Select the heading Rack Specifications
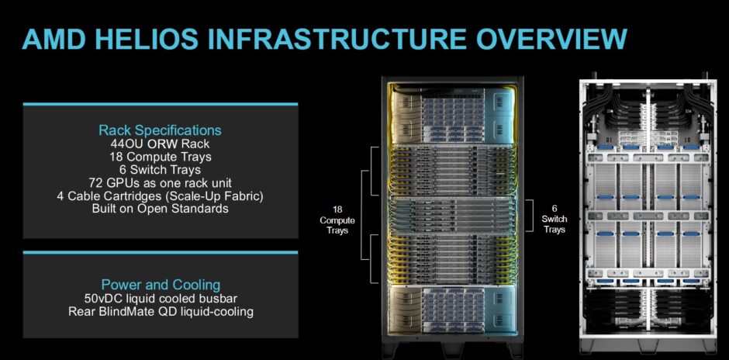pos(161,130)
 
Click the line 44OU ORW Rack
pos(161,144)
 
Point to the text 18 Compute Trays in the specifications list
pos(161,157)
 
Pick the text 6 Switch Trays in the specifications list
pos(161,170)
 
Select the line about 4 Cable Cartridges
pos(161,196)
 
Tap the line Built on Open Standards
pos(161,209)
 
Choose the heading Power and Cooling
pos(161,285)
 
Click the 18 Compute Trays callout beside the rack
pos(337,220)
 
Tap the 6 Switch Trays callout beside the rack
pos(555,219)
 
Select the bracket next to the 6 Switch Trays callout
pos(530,216)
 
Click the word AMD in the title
pos(53,39)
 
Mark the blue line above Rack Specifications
pos(161,104)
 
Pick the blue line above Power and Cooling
pos(161,253)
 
